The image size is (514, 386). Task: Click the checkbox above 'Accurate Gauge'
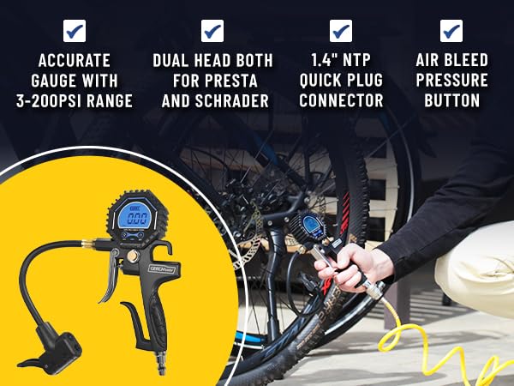(75, 31)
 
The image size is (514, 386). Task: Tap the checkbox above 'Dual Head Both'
(212, 31)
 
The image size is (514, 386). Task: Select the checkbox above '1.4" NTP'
(341, 31)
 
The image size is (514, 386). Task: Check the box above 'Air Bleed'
(451, 31)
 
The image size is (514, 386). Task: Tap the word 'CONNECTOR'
(341, 101)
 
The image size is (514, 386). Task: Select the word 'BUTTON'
(451, 101)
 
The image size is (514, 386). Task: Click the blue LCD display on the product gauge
(136, 219)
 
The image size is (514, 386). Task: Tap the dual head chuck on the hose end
(53, 343)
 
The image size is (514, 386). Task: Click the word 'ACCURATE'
(75, 61)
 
